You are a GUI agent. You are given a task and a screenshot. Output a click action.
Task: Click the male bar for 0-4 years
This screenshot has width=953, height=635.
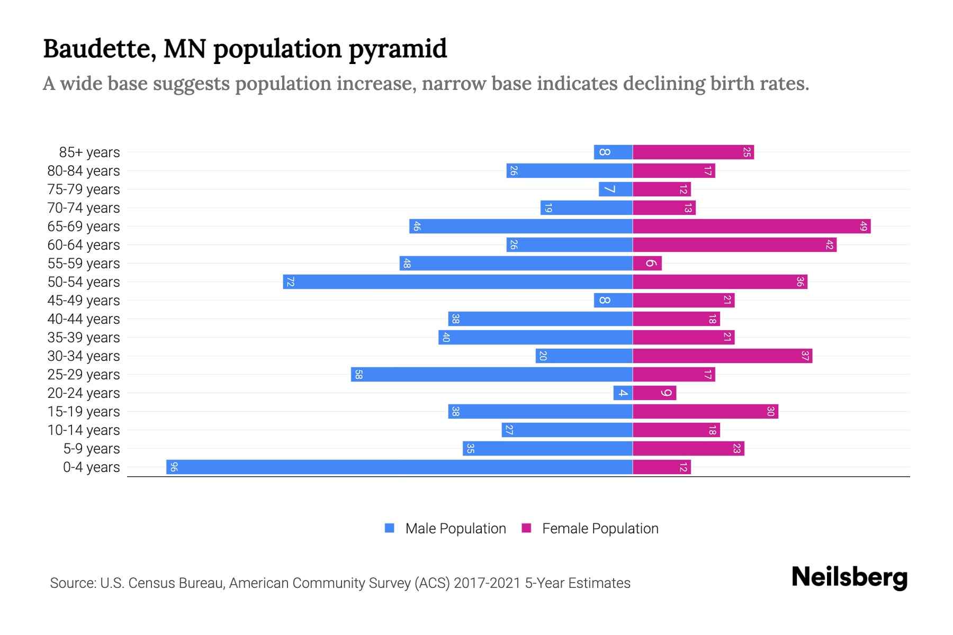click(x=400, y=467)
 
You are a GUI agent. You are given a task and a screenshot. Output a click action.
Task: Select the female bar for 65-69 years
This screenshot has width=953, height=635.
click(x=752, y=226)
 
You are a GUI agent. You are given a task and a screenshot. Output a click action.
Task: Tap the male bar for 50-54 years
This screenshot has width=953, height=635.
click(x=458, y=282)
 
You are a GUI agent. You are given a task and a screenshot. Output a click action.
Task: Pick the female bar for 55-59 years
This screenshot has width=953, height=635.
click(x=648, y=264)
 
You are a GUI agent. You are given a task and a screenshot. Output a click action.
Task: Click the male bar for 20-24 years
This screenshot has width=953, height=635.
click(x=623, y=393)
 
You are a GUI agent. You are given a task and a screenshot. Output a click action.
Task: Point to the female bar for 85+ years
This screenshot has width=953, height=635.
click(x=694, y=152)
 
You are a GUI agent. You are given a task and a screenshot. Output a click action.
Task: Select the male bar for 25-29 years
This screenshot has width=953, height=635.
click(x=492, y=375)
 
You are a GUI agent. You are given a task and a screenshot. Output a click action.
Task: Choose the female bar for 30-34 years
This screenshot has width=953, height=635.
click(x=723, y=356)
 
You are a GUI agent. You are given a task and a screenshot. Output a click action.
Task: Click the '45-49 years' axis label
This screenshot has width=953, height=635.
click(x=84, y=301)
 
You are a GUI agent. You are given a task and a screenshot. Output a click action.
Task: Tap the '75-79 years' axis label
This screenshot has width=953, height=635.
click(x=84, y=189)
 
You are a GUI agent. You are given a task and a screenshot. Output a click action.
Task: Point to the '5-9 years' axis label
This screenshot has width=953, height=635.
click(x=92, y=449)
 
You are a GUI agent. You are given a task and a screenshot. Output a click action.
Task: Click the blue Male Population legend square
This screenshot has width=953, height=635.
click(x=390, y=528)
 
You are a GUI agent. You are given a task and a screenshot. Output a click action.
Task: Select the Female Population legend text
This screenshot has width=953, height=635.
click(x=600, y=529)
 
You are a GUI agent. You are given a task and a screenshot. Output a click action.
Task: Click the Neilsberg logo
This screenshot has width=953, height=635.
click(x=849, y=577)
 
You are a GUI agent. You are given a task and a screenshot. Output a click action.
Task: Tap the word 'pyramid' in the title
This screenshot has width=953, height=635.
click(x=398, y=49)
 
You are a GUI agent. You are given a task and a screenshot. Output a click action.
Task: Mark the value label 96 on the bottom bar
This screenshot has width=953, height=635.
click(x=174, y=467)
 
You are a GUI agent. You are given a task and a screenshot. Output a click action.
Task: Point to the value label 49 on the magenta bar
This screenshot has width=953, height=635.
click(x=864, y=226)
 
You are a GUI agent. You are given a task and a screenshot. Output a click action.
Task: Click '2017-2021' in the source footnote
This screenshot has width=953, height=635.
click(x=487, y=583)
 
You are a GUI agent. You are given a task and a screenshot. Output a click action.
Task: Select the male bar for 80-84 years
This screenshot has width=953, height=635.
click(x=570, y=171)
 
